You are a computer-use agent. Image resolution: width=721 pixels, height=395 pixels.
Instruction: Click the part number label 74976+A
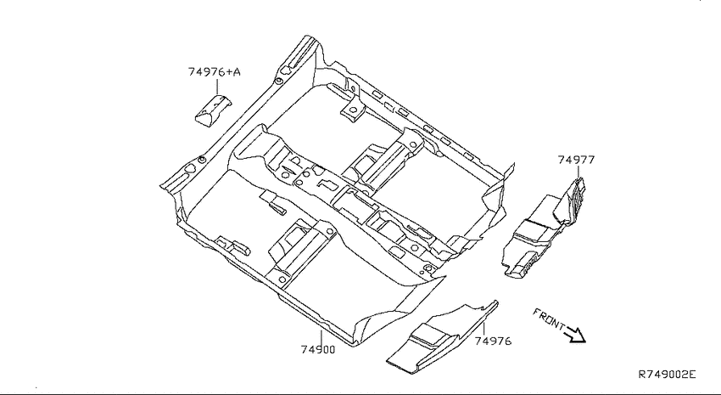pos(215,72)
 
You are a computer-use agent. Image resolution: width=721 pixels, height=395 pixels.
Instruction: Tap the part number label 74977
pos(576,160)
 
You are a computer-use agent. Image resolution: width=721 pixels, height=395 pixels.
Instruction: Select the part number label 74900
pos(318,349)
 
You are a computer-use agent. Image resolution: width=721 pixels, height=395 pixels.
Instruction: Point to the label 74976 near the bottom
pos(493,341)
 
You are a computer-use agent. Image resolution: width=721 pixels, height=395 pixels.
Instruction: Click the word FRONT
pos(549,319)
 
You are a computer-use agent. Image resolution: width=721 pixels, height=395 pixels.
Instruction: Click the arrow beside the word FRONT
pos(576,334)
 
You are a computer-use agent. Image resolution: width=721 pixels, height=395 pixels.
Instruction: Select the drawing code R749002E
pos(668,374)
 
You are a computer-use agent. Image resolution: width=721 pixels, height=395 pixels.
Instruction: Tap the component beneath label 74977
pos(544,229)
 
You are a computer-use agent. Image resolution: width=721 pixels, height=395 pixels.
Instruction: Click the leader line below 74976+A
pos(217,87)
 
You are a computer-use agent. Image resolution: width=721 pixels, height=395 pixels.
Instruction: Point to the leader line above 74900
pos(321,337)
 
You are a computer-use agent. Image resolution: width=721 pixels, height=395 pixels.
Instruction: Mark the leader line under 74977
pos(578,172)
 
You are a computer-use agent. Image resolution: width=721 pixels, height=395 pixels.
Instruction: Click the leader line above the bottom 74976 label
pos(483,328)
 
